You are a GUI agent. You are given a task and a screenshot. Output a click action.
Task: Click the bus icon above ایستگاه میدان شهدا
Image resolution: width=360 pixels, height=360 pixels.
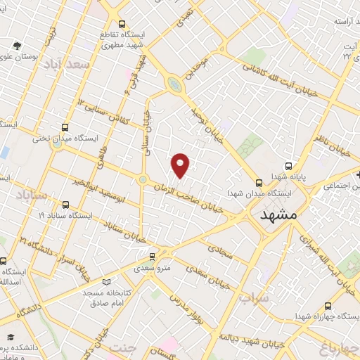[x=259, y=180]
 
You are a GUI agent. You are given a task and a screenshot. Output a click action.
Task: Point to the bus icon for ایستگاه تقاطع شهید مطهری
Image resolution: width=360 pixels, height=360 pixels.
[x=123, y=22]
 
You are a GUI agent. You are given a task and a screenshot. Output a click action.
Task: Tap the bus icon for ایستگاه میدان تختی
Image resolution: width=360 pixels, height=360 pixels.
[x=65, y=127]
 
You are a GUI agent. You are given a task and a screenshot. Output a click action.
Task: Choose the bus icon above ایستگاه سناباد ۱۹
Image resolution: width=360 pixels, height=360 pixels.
[x=65, y=205]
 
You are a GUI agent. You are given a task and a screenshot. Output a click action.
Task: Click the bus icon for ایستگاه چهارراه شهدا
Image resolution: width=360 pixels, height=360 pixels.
[x=328, y=306]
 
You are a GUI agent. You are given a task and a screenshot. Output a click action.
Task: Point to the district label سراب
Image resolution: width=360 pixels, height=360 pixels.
[x=253, y=297]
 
